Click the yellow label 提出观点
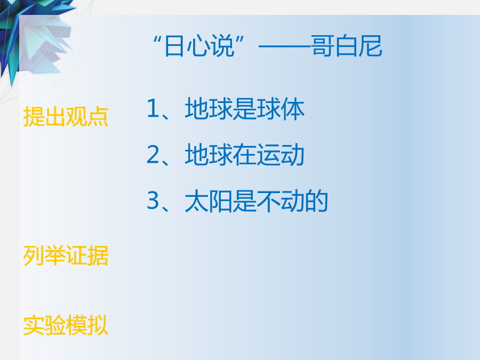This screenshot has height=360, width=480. tap(66, 117)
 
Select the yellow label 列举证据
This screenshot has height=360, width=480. tap(66, 255)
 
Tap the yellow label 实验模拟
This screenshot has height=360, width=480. tap(66, 325)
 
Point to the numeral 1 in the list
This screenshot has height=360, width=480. tap(153, 108)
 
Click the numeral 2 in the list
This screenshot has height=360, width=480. tap(153, 154)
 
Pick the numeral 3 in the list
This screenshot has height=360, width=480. tap(153, 201)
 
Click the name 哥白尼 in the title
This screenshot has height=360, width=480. tap(347, 46)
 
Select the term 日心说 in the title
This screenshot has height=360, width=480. tap(199, 46)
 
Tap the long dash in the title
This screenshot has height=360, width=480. tap(284, 47)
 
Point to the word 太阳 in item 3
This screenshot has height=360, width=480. tap(209, 201)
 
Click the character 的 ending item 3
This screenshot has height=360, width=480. tap(316, 201)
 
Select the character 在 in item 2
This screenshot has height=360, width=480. tap(245, 155)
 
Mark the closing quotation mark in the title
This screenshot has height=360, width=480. tap(240, 39)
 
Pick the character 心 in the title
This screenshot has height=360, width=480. tap(199, 46)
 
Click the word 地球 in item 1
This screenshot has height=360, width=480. tap(209, 109)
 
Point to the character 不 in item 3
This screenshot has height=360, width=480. tap(268, 201)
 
